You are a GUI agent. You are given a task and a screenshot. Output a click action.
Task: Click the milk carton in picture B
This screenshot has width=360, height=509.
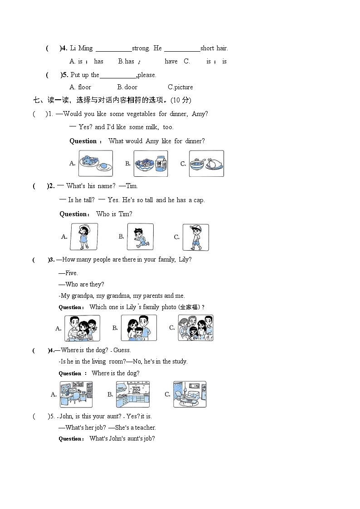point(161,163)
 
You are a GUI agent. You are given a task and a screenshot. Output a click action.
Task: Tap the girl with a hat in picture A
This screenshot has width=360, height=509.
point(84,237)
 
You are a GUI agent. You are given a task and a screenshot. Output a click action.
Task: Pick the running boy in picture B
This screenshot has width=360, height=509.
point(141,237)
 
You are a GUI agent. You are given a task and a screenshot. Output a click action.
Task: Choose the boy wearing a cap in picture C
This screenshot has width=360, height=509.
point(196,238)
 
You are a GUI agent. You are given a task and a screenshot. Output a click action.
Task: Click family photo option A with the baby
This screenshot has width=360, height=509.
point(82,328)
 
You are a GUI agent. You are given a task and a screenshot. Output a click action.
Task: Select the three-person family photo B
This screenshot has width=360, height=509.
point(139,328)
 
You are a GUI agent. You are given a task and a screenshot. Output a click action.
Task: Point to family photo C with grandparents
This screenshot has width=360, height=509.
point(196,328)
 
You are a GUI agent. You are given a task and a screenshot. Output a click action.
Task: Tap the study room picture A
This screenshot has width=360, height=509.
point(76,394)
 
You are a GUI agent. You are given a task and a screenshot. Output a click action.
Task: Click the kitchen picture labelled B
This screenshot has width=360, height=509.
point(133,394)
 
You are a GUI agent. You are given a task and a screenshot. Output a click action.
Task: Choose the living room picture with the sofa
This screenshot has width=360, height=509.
point(190,394)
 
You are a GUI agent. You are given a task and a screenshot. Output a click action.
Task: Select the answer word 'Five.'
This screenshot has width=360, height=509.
point(72,273)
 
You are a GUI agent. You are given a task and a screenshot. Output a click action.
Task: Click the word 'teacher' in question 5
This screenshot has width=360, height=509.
point(145,427)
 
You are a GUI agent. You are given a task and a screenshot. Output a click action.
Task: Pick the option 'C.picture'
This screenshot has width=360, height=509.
point(180,87)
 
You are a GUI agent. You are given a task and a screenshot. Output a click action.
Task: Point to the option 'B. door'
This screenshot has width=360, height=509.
point(127,87)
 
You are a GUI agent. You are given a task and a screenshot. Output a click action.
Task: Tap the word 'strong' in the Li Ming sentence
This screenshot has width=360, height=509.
point(141,48)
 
